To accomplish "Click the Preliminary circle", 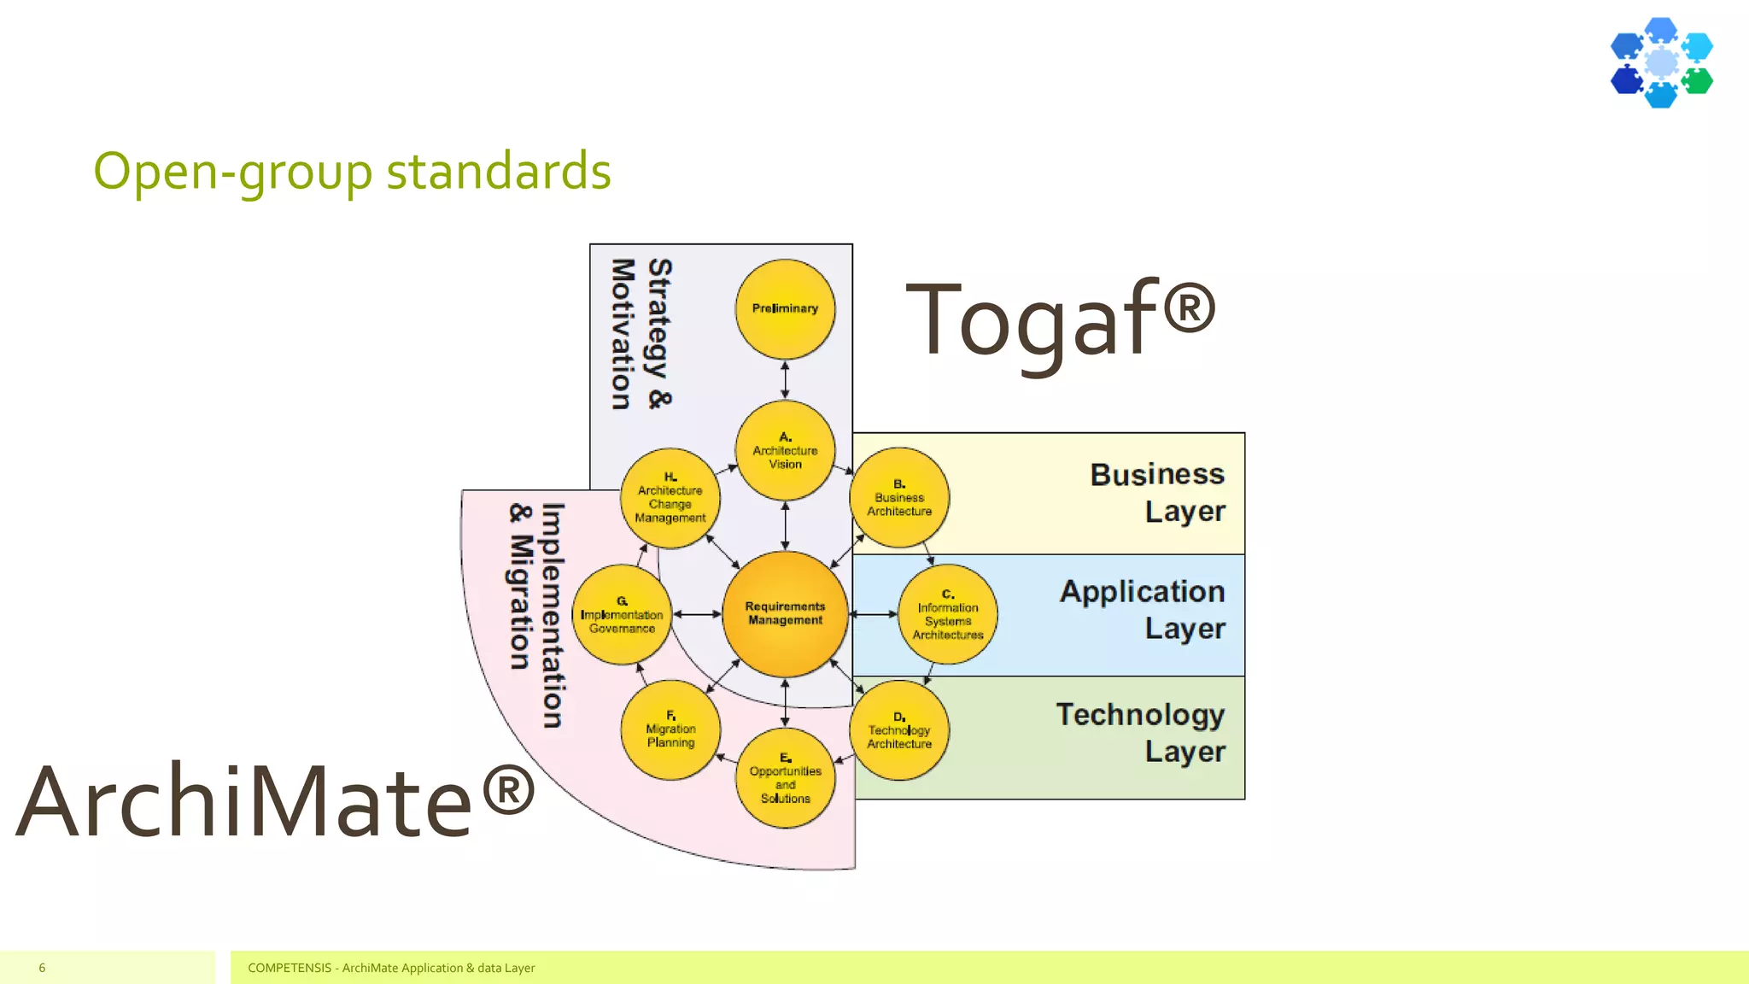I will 785,309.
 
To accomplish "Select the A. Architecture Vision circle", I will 785,451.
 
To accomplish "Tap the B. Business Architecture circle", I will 899,498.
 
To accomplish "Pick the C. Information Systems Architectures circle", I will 948,614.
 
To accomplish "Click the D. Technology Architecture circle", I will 899,730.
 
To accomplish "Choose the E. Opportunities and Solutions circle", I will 785,778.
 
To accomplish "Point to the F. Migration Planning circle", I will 670,730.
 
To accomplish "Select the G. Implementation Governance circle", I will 622,614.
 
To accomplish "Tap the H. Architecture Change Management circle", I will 670,498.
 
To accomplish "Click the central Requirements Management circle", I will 785,614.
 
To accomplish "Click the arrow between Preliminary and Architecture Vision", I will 785,380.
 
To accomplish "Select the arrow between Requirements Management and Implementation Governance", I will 697,614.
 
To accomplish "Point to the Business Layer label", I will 1157,493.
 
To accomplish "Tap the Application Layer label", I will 1143,610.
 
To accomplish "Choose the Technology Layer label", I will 1141,733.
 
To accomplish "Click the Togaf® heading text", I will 1060,320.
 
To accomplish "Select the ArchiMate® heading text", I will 275,800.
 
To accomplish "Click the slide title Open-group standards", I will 352,171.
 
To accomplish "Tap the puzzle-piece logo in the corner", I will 1661,62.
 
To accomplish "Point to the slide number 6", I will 42,968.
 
